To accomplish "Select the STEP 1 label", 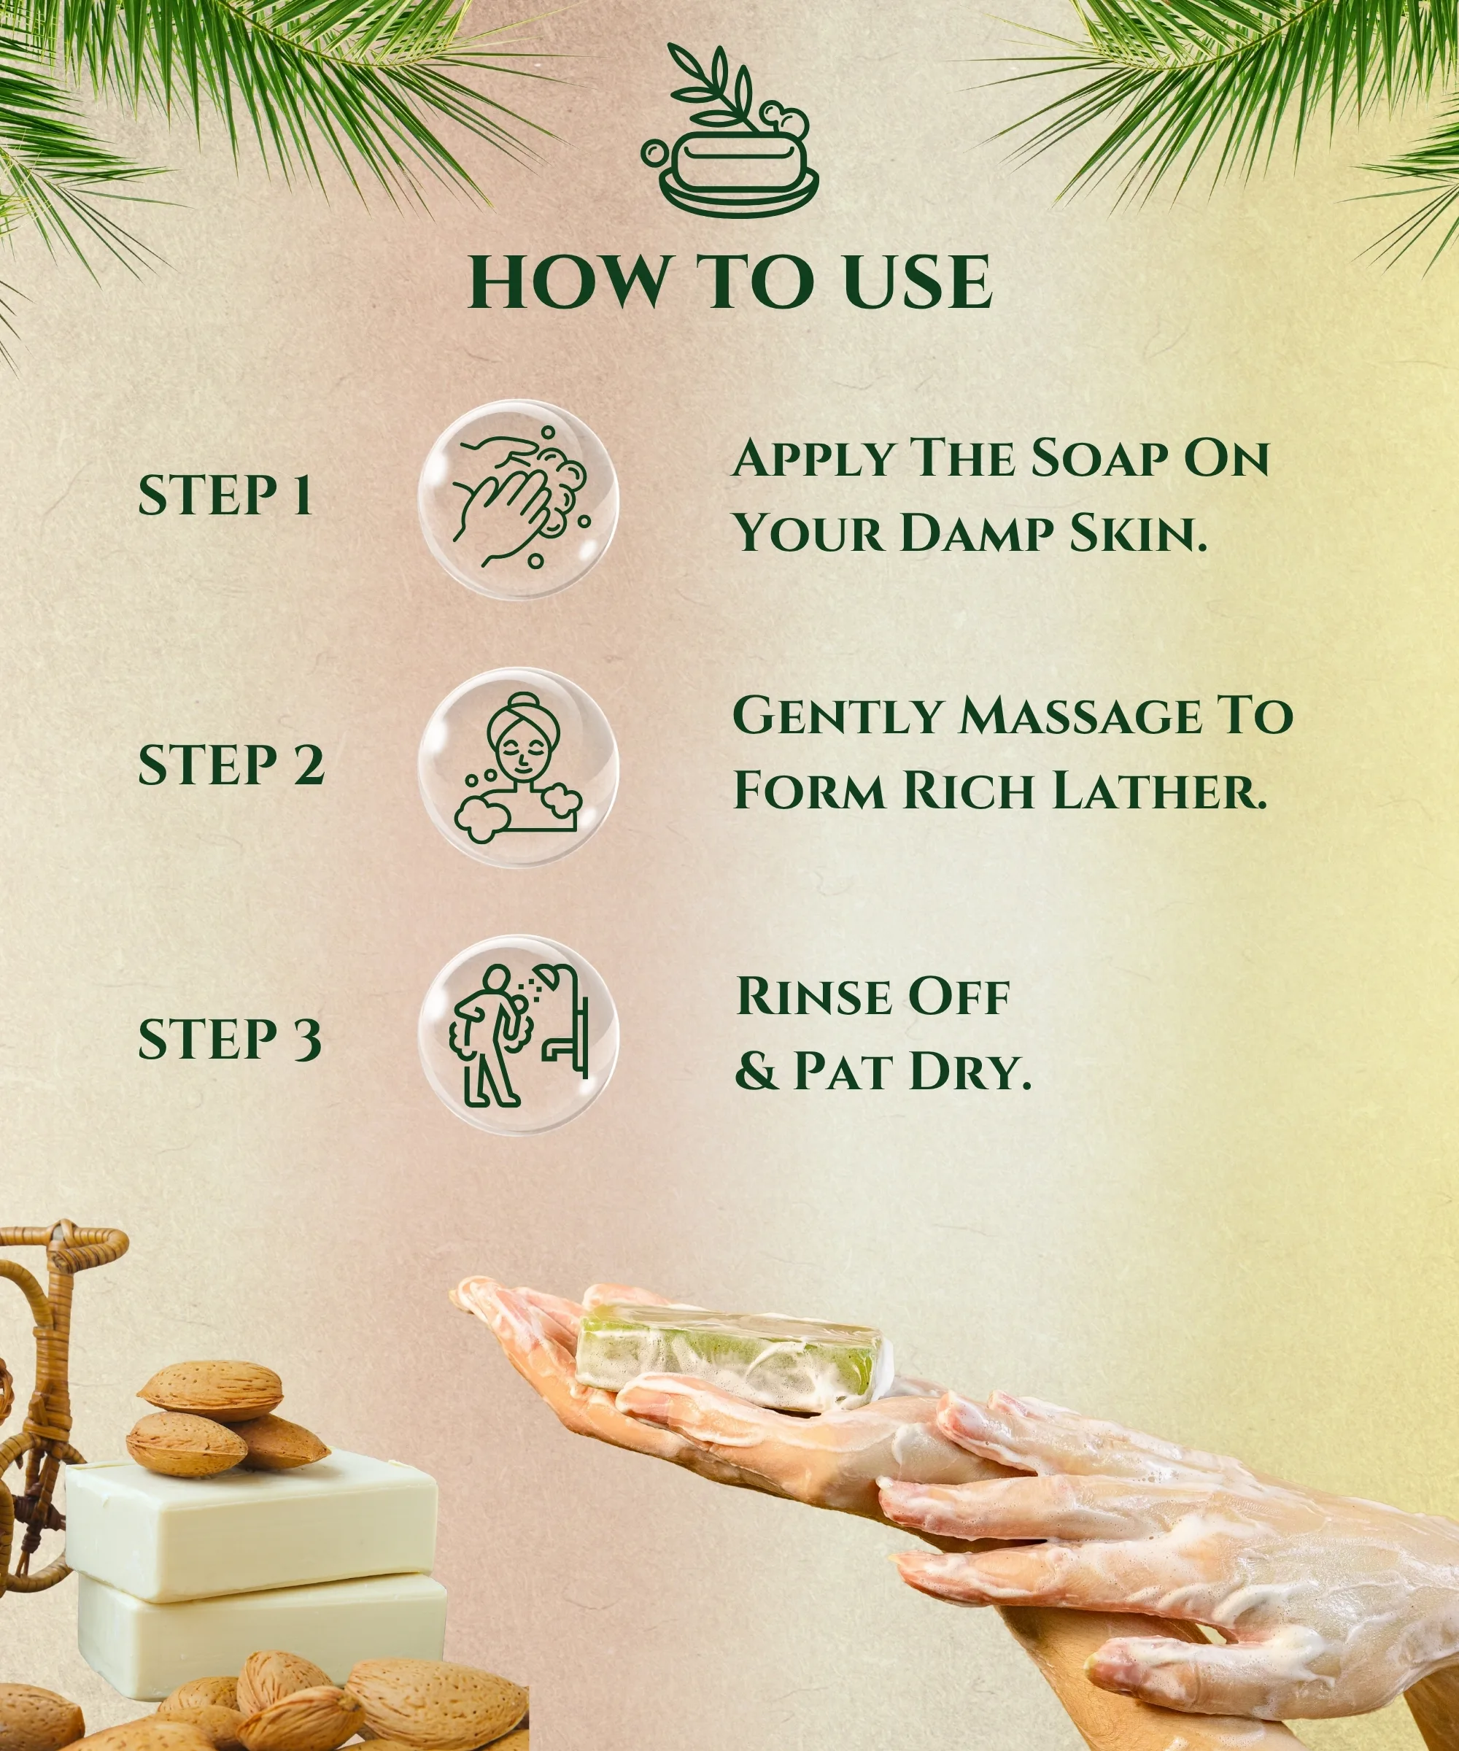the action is point(225,495).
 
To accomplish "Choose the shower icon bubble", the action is point(518,1035).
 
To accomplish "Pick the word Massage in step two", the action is point(1080,716).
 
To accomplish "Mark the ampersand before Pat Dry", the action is point(754,1070).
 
